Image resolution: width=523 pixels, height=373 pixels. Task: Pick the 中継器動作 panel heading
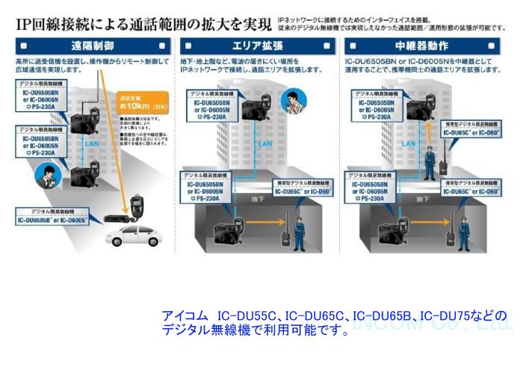pyautogui.click(x=428, y=44)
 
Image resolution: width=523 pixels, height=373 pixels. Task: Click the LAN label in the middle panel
pyautogui.click(x=264, y=144)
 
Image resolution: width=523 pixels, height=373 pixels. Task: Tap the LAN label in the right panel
pyautogui.click(x=421, y=143)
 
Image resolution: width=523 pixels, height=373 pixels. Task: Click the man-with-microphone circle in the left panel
pyautogui.click(x=46, y=175)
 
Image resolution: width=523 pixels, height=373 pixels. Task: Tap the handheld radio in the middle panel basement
pyautogui.click(x=285, y=229)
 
